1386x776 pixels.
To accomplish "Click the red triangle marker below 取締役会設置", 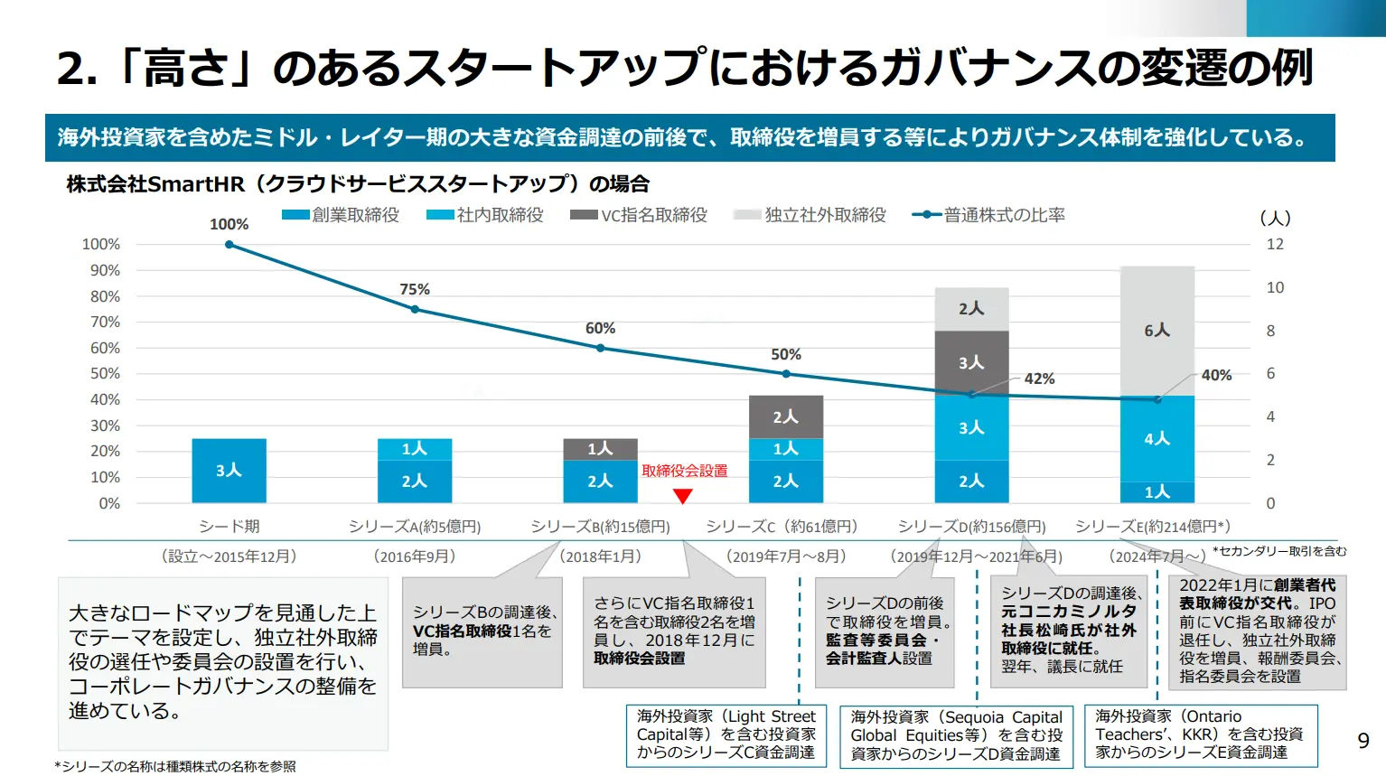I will coord(683,496).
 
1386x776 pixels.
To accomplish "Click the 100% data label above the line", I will coord(229,224).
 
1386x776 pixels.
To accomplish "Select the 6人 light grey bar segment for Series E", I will coord(1157,331).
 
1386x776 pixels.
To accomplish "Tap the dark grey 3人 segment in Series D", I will coord(971,362).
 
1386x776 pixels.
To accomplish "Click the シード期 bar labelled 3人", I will coord(229,471).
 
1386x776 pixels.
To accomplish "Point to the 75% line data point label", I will coord(415,289).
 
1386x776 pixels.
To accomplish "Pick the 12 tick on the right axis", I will coord(1275,244).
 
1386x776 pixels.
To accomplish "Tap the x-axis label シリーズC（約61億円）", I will coord(782,527).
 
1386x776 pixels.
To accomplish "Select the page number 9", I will coord(1363,741).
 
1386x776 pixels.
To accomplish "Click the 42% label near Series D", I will coord(1039,379).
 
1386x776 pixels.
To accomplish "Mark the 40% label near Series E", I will coord(1216,375).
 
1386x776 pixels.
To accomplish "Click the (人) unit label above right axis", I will coord(1275,218).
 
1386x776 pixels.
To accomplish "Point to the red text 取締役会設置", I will coord(684,471).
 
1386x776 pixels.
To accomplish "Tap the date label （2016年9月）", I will coord(415,556).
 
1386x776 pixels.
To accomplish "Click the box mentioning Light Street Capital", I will coord(726,735).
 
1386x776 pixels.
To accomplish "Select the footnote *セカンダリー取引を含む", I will coord(1279,551).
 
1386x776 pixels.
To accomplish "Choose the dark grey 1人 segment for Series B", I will coord(600,449).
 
